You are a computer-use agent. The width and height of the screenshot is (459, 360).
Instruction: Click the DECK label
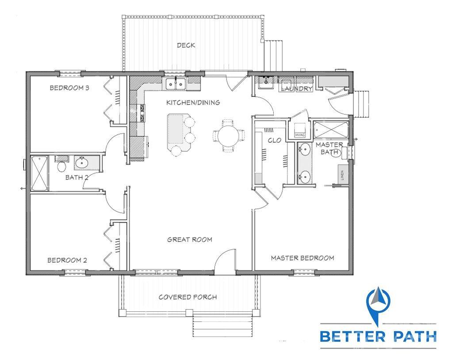tap(186, 46)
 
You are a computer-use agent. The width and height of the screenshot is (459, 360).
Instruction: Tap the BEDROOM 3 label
tap(69, 88)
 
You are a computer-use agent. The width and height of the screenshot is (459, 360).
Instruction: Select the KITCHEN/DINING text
tap(193, 103)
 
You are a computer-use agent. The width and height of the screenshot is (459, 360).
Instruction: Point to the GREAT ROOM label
tap(190, 240)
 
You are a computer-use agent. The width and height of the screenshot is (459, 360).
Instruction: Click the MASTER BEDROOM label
tap(302, 258)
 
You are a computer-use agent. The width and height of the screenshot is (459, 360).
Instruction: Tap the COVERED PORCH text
tap(187, 297)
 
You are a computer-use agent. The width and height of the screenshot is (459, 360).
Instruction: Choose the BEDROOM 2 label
tap(67, 260)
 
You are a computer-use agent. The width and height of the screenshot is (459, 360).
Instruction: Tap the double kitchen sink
tap(176, 84)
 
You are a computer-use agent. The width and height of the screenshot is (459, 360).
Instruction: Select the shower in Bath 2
tap(39, 173)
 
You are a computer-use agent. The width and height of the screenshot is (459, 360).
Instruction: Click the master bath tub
tap(331, 130)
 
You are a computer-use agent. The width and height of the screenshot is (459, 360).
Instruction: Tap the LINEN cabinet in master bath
tap(343, 175)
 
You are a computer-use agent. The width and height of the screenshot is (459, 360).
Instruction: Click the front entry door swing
tap(225, 260)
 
